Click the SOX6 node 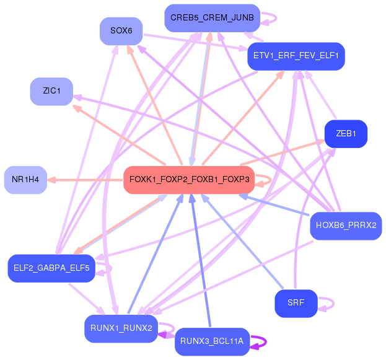121,30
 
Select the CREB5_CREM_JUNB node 212,18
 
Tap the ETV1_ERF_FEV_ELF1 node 296,56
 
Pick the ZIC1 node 51,91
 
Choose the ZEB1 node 346,134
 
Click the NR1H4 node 25,180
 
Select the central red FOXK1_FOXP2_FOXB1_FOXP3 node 189,180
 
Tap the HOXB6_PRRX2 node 346,225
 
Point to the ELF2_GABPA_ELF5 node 51,268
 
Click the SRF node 296,303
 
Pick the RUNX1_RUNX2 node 121,328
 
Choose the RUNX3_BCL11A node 212,341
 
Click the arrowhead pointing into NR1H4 52,180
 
